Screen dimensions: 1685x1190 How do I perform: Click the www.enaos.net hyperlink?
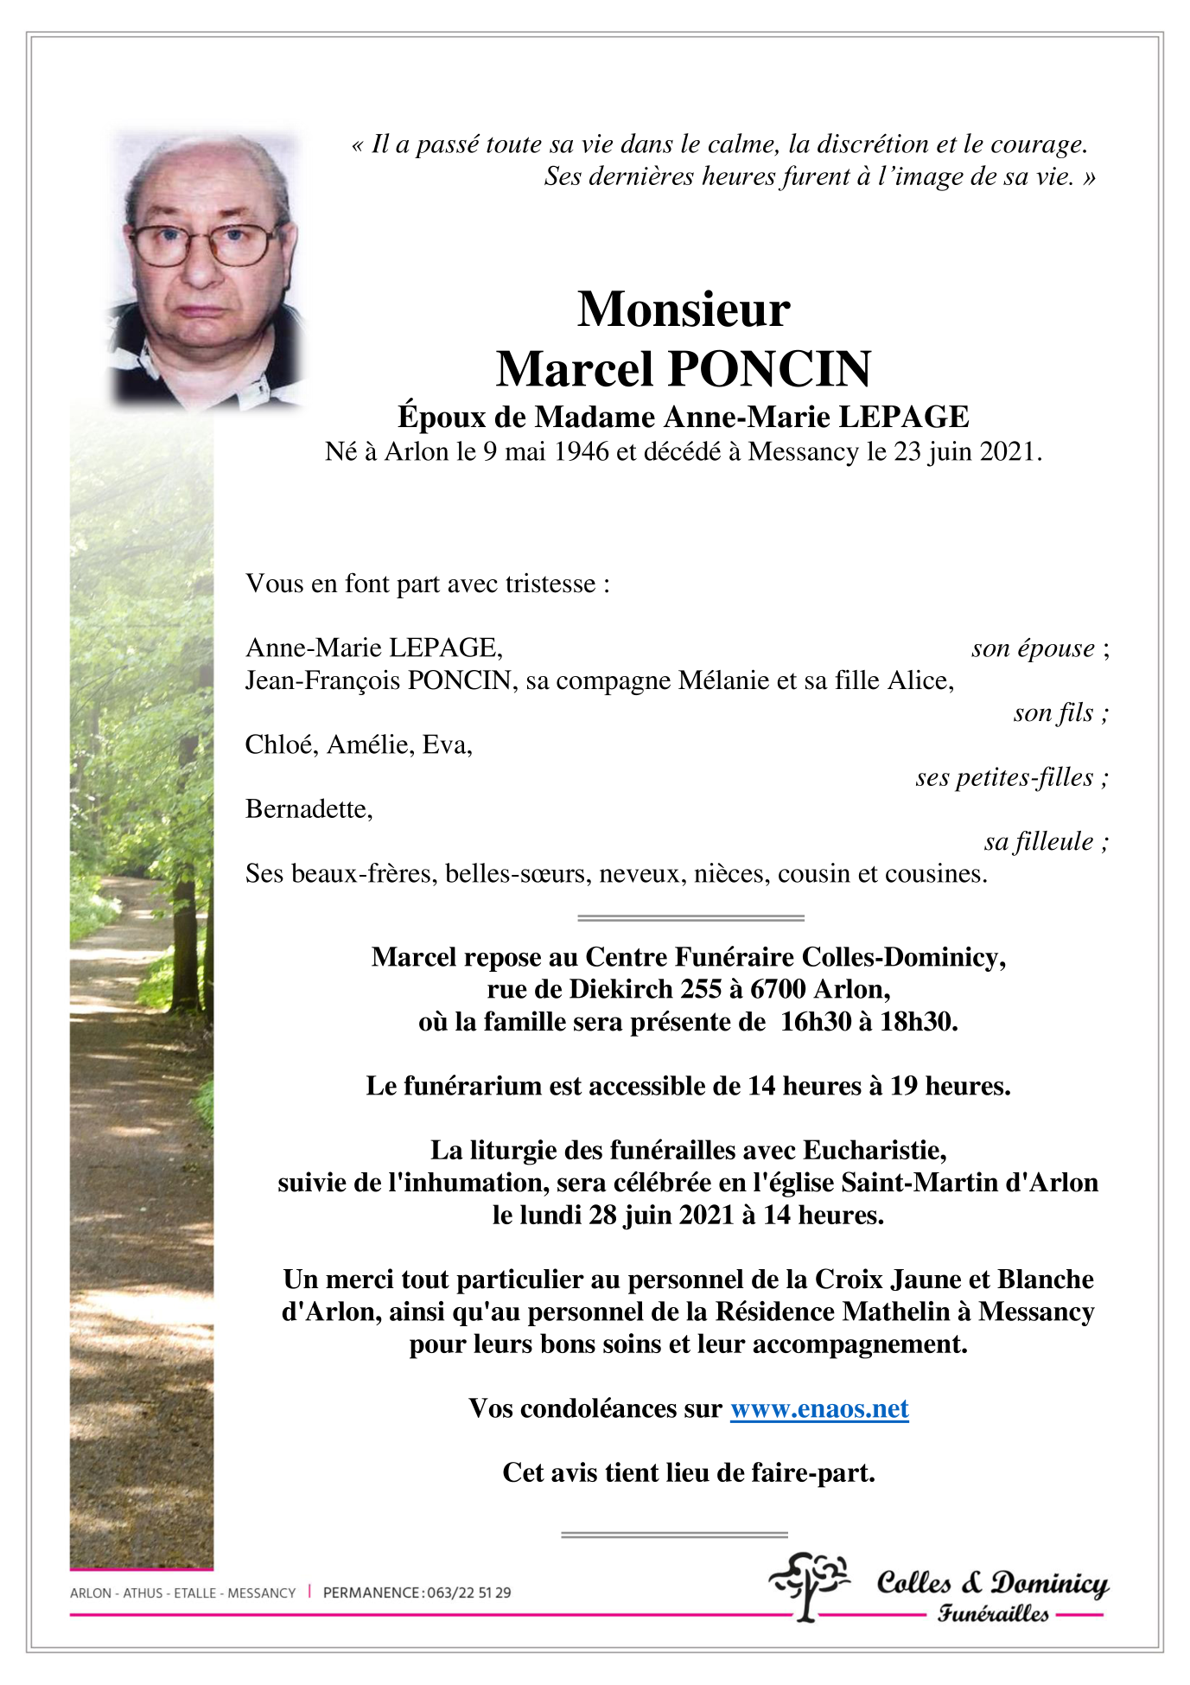click(x=819, y=1409)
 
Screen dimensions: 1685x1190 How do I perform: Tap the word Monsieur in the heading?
click(x=684, y=310)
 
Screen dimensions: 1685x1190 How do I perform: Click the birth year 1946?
click(x=581, y=452)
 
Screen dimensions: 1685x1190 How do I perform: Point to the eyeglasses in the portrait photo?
click(x=204, y=245)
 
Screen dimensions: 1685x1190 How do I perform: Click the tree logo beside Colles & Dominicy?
click(x=809, y=1585)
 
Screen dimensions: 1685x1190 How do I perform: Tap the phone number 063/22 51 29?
click(x=468, y=1592)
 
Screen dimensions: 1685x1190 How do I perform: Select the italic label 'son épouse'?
click(x=1033, y=648)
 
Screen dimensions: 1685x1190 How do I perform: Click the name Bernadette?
click(x=308, y=809)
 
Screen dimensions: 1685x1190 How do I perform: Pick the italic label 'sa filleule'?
click(x=1039, y=842)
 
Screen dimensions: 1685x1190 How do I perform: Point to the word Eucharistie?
click(x=874, y=1151)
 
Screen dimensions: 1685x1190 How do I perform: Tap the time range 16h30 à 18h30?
click(x=869, y=1022)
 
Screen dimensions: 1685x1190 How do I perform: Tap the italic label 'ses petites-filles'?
click(x=1004, y=777)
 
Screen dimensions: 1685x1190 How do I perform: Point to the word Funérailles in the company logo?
click(x=993, y=1613)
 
